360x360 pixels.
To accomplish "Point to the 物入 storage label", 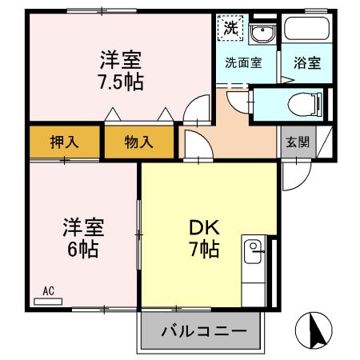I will [138, 143].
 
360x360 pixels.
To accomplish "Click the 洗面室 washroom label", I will [243, 63].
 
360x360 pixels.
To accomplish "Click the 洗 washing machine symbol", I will [230, 27].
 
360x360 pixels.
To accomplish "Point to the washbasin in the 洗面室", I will [260, 33].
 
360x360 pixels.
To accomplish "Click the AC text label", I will [49, 292].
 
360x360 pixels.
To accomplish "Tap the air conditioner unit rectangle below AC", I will [49, 302].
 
